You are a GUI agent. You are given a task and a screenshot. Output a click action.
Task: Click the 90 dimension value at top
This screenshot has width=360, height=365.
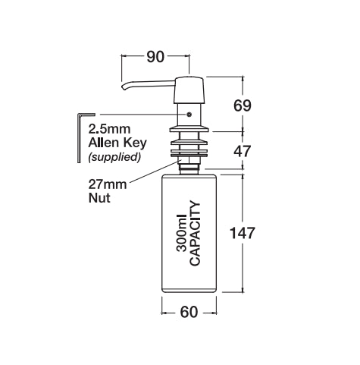156,57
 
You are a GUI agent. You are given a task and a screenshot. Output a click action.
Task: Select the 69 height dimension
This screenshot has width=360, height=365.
242,105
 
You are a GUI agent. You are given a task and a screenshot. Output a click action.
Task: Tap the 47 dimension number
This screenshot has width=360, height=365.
242,150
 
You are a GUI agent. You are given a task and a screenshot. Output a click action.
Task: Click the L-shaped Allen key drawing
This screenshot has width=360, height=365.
79,137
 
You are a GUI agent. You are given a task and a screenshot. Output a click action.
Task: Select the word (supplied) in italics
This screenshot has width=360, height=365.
114,157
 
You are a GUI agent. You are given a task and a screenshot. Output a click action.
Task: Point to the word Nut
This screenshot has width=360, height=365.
99,199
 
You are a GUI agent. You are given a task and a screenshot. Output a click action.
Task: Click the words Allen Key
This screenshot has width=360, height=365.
114,143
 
